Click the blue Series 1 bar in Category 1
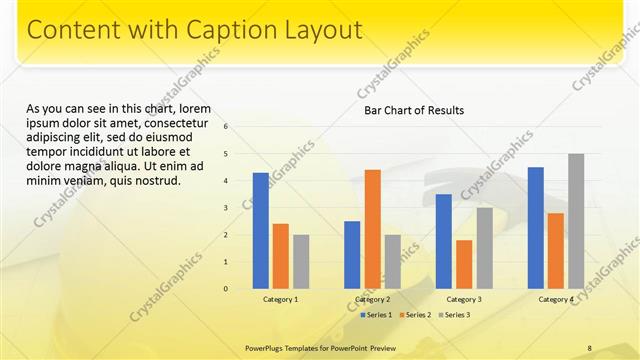[x=260, y=231]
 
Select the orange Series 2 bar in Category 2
[x=372, y=229]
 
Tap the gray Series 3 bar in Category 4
[x=576, y=221]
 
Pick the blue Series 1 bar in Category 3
[x=444, y=241]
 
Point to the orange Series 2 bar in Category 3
[x=464, y=264]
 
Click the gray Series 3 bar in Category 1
[x=301, y=261]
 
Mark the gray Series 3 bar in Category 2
[x=392, y=261]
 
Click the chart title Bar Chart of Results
[x=414, y=110]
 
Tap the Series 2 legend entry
[x=414, y=315]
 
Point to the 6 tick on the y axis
[x=227, y=127]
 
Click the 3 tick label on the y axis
[x=227, y=208]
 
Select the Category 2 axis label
[x=372, y=299]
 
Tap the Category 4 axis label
[x=556, y=299]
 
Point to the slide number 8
[x=590, y=348]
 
